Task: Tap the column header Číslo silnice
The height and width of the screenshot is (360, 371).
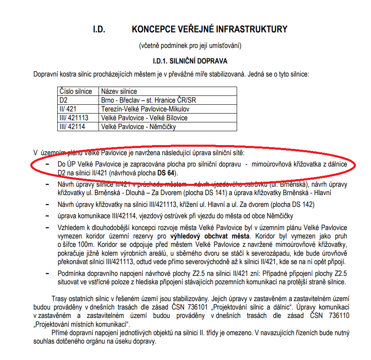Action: (76, 91)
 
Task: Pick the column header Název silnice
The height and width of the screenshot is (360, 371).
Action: (119, 91)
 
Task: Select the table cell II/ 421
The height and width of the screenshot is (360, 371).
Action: (68, 109)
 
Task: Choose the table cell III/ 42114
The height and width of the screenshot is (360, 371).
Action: (72, 127)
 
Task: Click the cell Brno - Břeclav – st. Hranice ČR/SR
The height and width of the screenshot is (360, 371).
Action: (148, 100)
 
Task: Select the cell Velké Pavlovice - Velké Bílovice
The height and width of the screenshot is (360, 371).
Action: (144, 118)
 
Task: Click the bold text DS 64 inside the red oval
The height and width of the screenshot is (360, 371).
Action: (165, 173)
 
